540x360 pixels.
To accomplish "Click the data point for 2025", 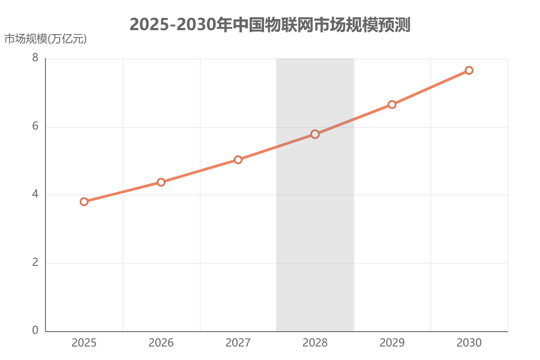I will (x=84, y=202).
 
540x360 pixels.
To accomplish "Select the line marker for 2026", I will (x=161, y=182).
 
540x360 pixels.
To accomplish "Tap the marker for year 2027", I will (x=238, y=160).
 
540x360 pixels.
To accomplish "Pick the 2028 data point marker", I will (x=315, y=134).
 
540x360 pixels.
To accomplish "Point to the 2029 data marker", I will (x=392, y=104).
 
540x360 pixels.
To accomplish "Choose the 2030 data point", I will (x=469, y=70).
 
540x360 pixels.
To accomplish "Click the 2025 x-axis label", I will (x=84, y=343).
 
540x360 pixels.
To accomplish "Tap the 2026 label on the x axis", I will (x=161, y=343).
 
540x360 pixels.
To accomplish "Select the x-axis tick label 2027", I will (x=238, y=343).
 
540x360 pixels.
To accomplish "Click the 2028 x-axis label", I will (x=315, y=343).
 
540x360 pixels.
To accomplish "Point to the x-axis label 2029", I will (x=392, y=343).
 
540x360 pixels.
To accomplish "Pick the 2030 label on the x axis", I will (x=469, y=343).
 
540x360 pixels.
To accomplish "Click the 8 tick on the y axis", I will (x=36, y=59).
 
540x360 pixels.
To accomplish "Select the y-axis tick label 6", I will (x=36, y=127).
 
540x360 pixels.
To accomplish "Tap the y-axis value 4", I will (x=36, y=195).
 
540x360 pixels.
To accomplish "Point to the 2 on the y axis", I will (x=36, y=263).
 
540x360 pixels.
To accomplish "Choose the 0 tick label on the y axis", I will (x=36, y=331).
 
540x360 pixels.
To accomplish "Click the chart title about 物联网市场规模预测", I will (x=270, y=25).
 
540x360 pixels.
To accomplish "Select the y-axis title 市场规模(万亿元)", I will (x=45, y=39).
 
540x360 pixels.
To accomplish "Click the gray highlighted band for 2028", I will (x=315, y=234).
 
